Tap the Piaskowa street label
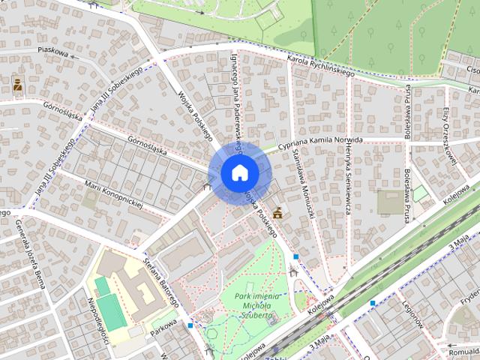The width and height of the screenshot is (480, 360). (x=53, y=54)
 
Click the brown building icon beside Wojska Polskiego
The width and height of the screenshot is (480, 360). (x=278, y=213)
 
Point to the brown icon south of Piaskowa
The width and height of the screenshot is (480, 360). (x=17, y=85)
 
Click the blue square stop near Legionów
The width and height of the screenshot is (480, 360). (x=373, y=302)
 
